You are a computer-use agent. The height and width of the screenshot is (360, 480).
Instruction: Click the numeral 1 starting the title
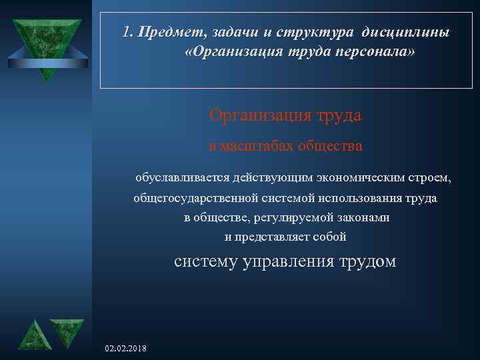click(127, 33)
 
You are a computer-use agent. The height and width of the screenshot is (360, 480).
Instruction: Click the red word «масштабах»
click(256, 145)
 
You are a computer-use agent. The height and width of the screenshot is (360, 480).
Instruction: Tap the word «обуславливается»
click(183, 179)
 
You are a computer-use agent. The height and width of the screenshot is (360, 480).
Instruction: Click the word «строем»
click(433, 179)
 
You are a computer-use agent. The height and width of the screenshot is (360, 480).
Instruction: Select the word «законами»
click(363, 217)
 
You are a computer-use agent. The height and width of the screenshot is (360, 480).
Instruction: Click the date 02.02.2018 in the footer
click(127, 349)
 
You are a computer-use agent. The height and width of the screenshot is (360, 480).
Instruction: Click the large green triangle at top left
click(45, 45)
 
